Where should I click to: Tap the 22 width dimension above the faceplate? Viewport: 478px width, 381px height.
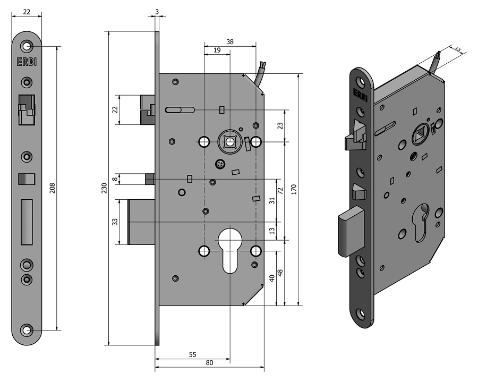tap(26, 12)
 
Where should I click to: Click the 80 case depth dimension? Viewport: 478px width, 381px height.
tap(209, 363)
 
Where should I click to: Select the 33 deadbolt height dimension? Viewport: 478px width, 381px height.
tap(115, 222)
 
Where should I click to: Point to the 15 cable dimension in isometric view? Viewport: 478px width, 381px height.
tap(458, 49)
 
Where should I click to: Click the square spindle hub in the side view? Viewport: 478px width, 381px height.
tap(230, 141)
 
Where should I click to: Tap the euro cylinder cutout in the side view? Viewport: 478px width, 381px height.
tap(230, 250)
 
